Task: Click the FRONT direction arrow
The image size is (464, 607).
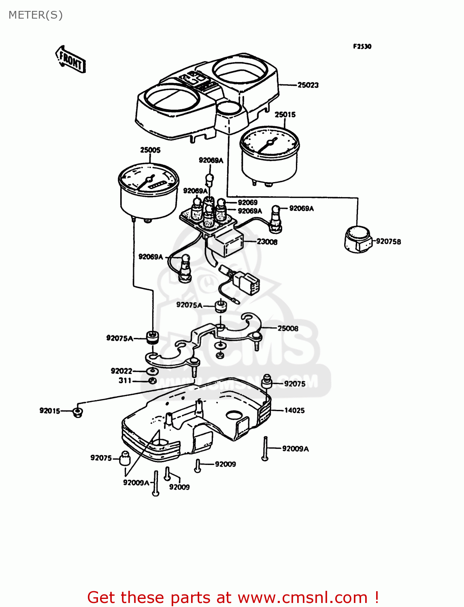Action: [x=70, y=59]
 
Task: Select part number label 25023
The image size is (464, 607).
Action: [x=308, y=85]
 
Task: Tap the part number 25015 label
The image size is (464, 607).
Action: [x=285, y=115]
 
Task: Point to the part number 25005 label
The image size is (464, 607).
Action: [x=150, y=150]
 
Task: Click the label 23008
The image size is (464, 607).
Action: [x=267, y=242]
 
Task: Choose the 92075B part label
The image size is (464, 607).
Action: [x=388, y=242]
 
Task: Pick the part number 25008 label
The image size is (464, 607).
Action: [x=288, y=329]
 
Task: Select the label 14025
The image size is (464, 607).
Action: [x=294, y=410]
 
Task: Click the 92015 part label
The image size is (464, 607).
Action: [x=50, y=411]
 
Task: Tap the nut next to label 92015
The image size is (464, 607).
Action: [x=77, y=413]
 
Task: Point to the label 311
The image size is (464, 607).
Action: [x=125, y=381]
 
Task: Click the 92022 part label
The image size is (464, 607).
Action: [x=121, y=371]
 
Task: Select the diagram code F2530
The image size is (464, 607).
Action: [x=362, y=47]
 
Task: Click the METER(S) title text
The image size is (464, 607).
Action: [x=36, y=15]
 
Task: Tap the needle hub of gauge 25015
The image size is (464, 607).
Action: [x=270, y=143]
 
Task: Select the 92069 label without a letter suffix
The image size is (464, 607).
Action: [x=247, y=202]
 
